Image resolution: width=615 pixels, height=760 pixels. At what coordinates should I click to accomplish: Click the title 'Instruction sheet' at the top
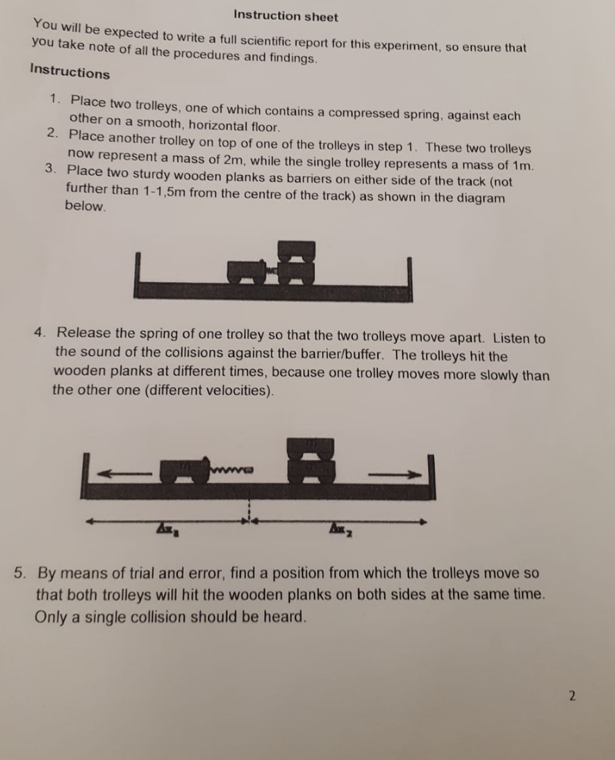click(x=286, y=16)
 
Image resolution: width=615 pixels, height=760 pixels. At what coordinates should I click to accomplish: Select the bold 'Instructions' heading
click(x=69, y=72)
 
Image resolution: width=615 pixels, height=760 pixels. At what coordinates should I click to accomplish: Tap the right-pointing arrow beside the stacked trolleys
click(x=395, y=474)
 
